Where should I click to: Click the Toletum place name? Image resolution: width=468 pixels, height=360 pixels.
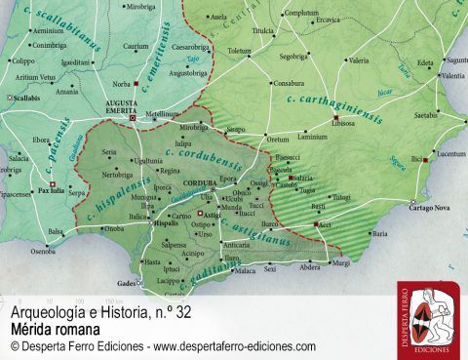pyautogui.click(x=239, y=50)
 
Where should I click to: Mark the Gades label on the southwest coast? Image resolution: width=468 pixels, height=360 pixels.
pyautogui.click(x=128, y=283)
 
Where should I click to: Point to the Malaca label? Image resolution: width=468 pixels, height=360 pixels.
pyautogui.click(x=246, y=270)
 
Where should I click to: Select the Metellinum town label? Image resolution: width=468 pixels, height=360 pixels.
pyautogui.click(x=163, y=113)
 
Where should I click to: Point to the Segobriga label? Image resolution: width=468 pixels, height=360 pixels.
pyautogui.click(x=293, y=57)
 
